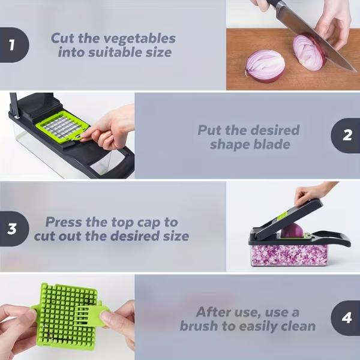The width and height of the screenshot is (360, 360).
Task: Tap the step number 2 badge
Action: (x=347, y=136)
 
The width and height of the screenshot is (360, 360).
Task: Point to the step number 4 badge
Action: (x=347, y=318)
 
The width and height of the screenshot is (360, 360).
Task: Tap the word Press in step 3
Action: (x=64, y=221)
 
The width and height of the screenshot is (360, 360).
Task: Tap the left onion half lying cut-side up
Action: (x=265, y=65)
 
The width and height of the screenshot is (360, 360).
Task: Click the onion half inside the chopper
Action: (x=291, y=231)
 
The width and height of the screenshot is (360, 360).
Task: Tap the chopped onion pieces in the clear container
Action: (x=288, y=255)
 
